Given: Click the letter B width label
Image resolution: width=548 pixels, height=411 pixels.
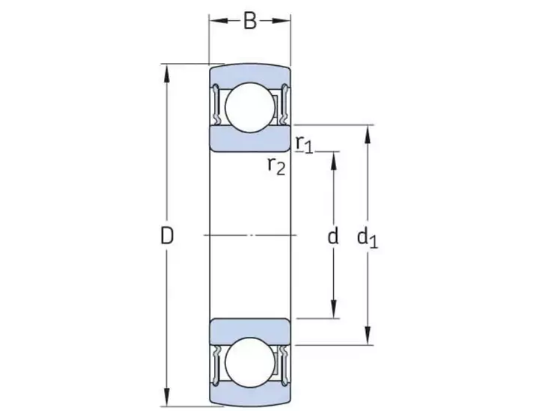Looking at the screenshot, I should pyautogui.click(x=250, y=21).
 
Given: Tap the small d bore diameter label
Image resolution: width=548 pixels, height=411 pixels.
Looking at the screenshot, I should pyautogui.click(x=333, y=237).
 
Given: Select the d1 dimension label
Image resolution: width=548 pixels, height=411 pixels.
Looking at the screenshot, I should pyautogui.click(x=367, y=238).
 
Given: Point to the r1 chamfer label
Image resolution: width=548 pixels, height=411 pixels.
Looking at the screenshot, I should pyautogui.click(x=303, y=142).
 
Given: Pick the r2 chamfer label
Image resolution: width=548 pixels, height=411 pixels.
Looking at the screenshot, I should pyautogui.click(x=276, y=165).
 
